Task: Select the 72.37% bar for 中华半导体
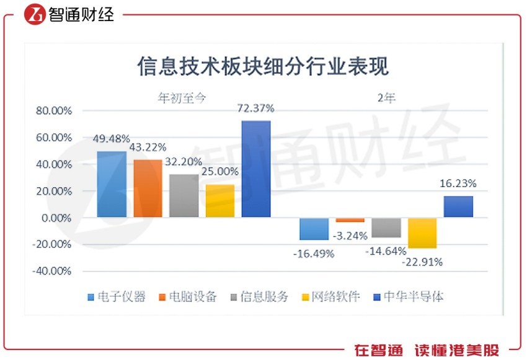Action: point(255,169)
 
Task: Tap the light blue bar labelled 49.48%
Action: point(112,184)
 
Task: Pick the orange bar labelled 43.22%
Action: point(148,188)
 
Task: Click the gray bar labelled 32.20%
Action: point(184,196)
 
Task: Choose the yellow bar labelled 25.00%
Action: point(220,201)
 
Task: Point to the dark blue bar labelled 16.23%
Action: point(458,206)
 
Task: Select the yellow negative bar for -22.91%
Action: point(422,233)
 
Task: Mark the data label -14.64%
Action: point(386,251)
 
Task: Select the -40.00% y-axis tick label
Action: point(54,271)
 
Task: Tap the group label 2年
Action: point(386,97)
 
